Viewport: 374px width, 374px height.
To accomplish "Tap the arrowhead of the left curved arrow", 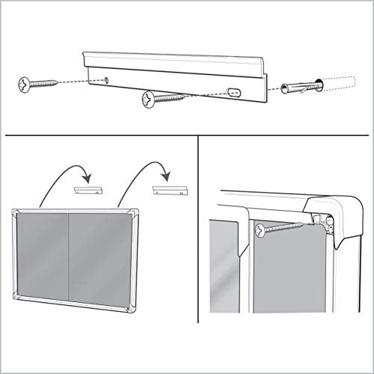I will pyautogui.click(x=91, y=180).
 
